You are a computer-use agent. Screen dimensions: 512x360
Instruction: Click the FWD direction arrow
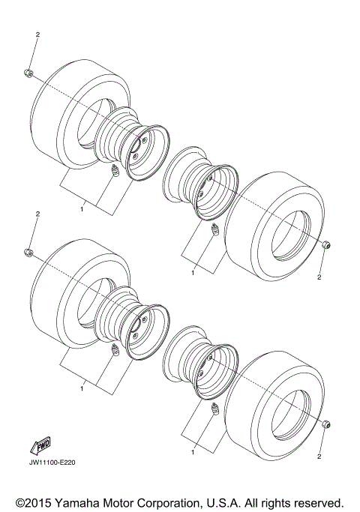point(38,448)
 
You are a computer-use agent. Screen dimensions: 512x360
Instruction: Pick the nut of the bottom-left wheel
point(27,250)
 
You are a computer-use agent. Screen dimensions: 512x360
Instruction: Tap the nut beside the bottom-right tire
point(326,425)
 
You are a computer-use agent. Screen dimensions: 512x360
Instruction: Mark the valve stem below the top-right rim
point(213,229)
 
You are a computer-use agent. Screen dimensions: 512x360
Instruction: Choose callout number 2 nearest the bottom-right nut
point(319,456)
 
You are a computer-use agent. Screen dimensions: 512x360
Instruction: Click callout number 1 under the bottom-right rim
point(193,453)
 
